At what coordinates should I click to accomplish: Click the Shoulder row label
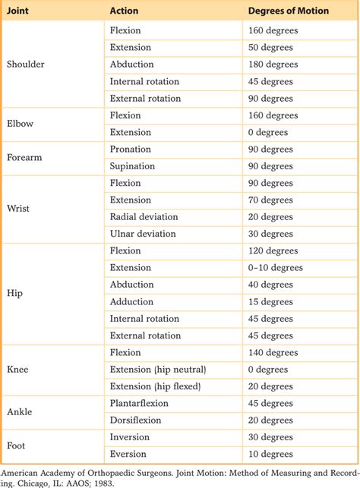pyautogui.click(x=26, y=65)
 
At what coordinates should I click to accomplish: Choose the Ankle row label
pyautogui.click(x=20, y=412)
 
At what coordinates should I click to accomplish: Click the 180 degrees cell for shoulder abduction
pyautogui.click(x=277, y=65)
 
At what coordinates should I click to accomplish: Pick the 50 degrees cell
pyautogui.click(x=274, y=47)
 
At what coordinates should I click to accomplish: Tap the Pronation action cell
pyautogui.click(x=131, y=149)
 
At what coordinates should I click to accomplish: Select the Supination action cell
pyautogui.click(x=133, y=166)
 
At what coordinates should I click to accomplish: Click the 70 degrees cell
pyautogui.click(x=274, y=200)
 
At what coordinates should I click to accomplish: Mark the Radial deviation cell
pyautogui.click(x=144, y=217)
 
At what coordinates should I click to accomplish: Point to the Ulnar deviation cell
pyautogui.click(x=143, y=234)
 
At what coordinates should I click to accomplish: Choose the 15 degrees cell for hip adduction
pyautogui.click(x=274, y=302)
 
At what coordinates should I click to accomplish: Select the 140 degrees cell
pyautogui.click(x=277, y=352)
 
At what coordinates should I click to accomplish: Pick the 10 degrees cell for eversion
pyautogui.click(x=274, y=454)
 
